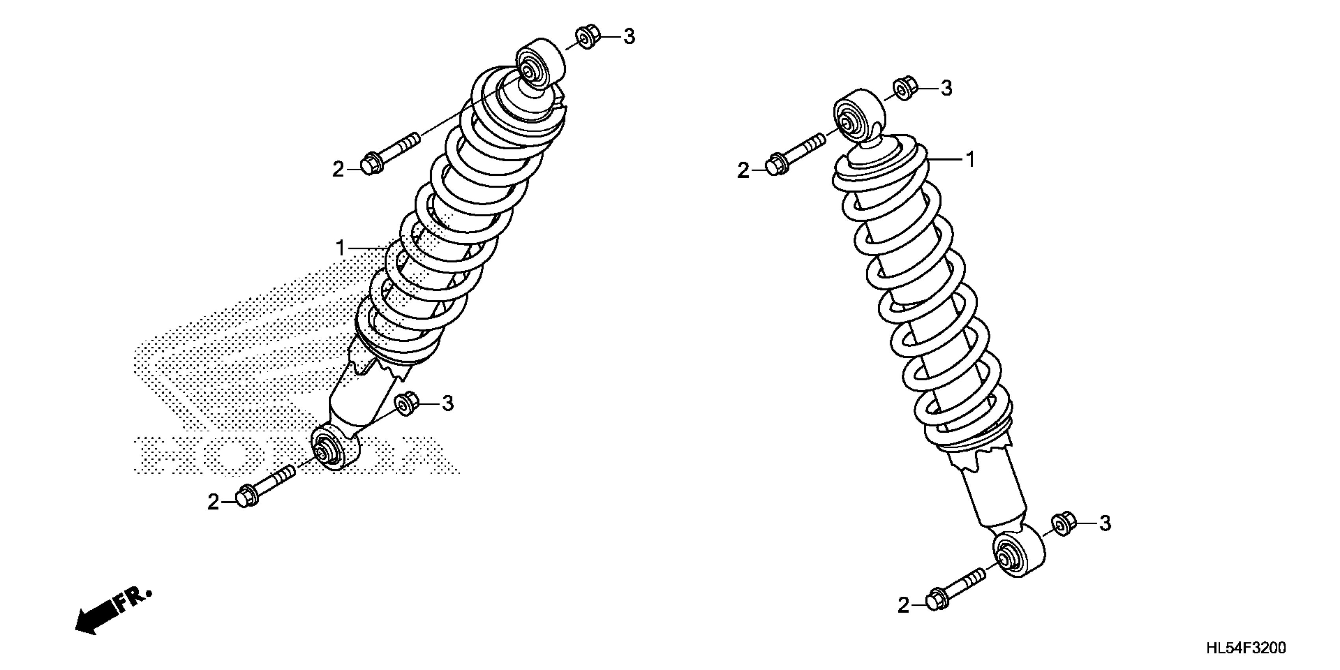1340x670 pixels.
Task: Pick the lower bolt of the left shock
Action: point(265,485)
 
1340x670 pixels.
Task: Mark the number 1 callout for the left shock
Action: point(341,249)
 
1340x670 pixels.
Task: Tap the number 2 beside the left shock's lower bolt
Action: point(213,502)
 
